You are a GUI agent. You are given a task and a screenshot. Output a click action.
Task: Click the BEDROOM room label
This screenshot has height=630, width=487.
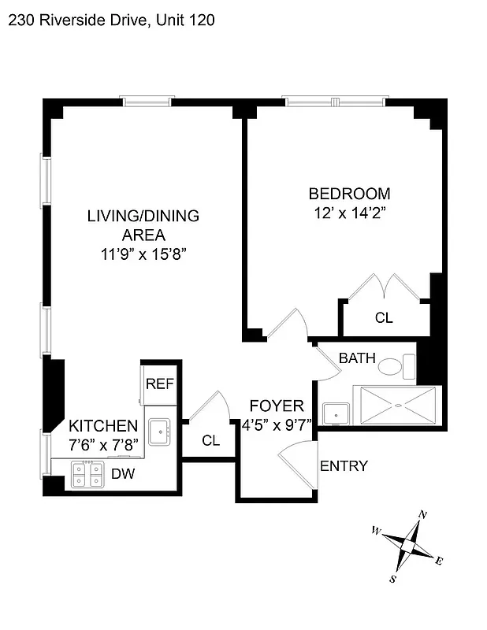pyautogui.click(x=348, y=194)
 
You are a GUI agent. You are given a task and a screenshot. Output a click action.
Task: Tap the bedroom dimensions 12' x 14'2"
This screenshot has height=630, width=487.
pyautogui.click(x=348, y=213)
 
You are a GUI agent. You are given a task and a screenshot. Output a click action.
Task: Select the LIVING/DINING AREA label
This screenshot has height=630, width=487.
pyautogui.click(x=143, y=224)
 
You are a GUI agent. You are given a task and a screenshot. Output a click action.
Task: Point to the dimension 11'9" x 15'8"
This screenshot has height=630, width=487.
pyautogui.click(x=143, y=254)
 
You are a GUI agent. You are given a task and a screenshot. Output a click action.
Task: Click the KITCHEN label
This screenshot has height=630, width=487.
pyautogui.click(x=103, y=426)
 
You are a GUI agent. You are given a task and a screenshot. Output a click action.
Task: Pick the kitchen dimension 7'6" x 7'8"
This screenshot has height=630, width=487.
pyautogui.click(x=103, y=445)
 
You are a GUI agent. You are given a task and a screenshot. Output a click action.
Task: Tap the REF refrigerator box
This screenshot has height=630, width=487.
pyautogui.click(x=159, y=384)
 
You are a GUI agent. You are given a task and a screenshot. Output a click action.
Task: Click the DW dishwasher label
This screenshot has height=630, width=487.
pyautogui.click(x=122, y=474)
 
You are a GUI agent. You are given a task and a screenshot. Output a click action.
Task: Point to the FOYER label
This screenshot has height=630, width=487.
pyautogui.click(x=276, y=406)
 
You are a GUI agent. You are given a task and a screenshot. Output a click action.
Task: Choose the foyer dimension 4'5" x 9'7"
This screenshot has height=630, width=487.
pyautogui.click(x=277, y=424)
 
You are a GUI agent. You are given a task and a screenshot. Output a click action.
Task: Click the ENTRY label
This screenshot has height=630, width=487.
pyautogui.click(x=344, y=465)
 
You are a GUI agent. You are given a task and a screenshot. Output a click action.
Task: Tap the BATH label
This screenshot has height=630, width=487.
pyautogui.click(x=356, y=358)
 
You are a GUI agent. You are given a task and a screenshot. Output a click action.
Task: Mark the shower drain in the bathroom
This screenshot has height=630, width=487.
pyautogui.click(x=397, y=406)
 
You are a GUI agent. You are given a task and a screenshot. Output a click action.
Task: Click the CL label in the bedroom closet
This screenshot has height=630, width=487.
pyautogui.click(x=384, y=318)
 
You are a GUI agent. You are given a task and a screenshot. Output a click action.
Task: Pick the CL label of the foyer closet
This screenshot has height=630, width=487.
pyautogui.click(x=210, y=440)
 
